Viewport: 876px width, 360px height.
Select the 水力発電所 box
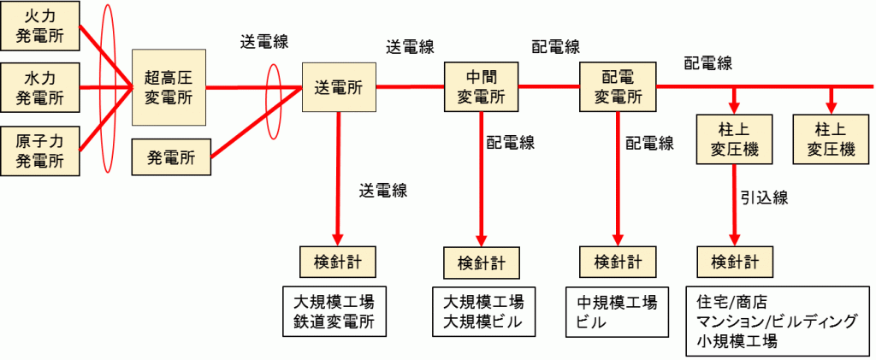pos(41,88)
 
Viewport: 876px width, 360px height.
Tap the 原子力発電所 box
pos(41,149)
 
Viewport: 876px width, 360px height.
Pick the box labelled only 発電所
pos(171,158)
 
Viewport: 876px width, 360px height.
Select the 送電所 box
pos(339,87)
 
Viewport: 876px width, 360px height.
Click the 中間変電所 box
pos(482,87)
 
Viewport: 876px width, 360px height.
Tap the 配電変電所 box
pos(617,87)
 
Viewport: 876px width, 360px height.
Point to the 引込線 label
pos(763,198)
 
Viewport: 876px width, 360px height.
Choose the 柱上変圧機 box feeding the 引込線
pos(735,139)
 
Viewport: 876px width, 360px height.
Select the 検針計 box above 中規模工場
pos(619,260)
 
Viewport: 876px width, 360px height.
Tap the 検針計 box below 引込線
pos(735,260)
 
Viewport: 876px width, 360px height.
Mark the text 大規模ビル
pos(482,322)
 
